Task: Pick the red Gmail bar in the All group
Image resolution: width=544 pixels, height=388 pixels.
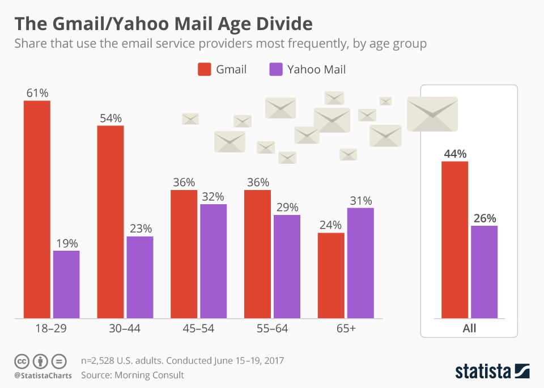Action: [454, 239]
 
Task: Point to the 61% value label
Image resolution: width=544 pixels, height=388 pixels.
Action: [37, 92]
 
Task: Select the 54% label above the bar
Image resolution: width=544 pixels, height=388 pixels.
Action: [110, 118]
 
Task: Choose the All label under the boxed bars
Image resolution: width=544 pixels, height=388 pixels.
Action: [469, 328]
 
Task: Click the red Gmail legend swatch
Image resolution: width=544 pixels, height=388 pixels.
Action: [204, 70]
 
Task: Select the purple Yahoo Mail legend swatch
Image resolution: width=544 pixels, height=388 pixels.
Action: [275, 70]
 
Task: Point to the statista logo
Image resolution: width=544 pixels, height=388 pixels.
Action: [492, 371]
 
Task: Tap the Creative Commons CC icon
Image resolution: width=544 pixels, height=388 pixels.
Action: [22, 361]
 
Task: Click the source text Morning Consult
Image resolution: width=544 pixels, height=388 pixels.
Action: [150, 375]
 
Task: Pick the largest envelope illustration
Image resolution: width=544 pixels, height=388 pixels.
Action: [432, 113]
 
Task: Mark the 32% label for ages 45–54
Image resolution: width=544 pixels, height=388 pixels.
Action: [213, 196]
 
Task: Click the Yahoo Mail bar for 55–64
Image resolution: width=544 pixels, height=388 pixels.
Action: [287, 266]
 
